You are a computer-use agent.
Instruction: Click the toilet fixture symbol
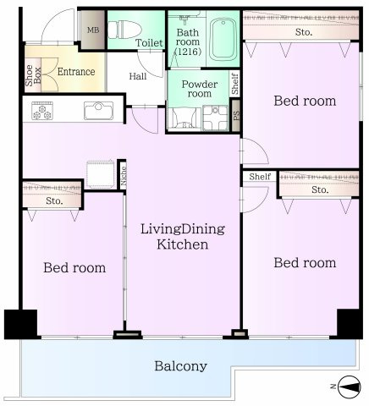tap(124, 30)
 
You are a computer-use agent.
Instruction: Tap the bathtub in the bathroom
tap(223, 40)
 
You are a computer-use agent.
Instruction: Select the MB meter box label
tap(93, 30)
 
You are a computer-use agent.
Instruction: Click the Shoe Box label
tap(33, 75)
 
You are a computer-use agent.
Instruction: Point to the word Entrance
tap(76, 72)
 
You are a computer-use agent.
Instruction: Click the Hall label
tap(138, 76)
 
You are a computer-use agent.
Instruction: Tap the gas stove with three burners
tap(42, 111)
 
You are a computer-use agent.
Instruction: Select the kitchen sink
tap(98, 111)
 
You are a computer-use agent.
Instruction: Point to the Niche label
tap(123, 175)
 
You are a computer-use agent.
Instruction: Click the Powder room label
tap(200, 89)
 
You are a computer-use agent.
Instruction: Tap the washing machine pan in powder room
tap(216, 118)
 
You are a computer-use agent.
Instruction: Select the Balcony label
tap(180, 366)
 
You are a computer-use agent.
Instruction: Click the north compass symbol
tap(350, 387)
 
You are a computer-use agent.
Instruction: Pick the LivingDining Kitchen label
tap(183, 236)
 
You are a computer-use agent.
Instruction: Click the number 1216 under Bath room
tap(188, 52)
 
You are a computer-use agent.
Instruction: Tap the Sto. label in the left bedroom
tap(54, 201)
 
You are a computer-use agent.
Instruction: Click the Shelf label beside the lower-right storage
tap(260, 177)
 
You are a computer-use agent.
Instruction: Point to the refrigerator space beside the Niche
tap(100, 174)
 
